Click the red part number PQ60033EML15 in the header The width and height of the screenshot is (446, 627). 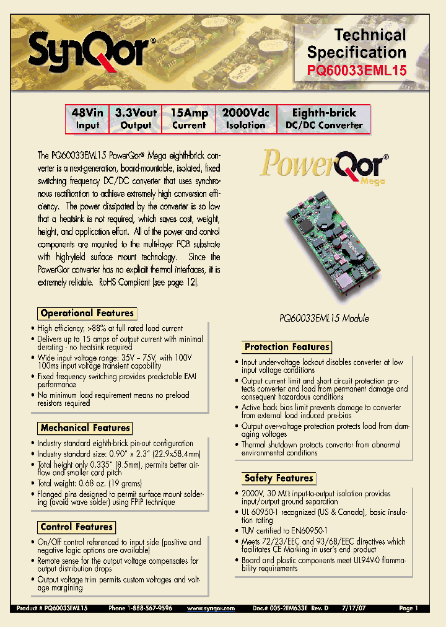(x=357, y=71)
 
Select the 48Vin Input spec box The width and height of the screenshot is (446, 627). (x=87, y=118)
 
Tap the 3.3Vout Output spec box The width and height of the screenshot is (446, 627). (x=136, y=118)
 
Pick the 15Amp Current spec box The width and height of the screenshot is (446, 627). (x=189, y=118)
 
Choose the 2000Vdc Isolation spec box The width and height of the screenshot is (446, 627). (x=245, y=118)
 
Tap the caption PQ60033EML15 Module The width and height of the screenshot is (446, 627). (x=323, y=318)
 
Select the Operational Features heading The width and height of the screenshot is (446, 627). (x=87, y=313)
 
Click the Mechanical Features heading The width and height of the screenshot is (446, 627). (x=85, y=428)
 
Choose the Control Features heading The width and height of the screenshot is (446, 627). (x=76, y=527)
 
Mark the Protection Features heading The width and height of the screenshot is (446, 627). (x=286, y=347)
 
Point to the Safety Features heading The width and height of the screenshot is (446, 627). (x=278, y=478)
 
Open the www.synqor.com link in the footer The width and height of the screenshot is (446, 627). (x=211, y=609)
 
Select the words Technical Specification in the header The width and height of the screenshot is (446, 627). (x=357, y=43)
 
